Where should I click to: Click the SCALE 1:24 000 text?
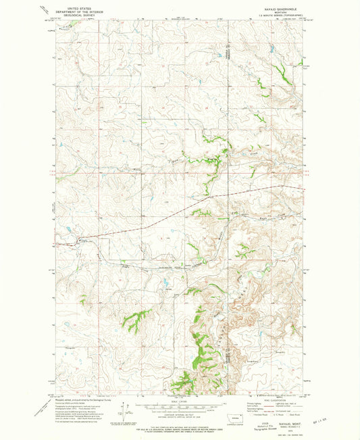(x=180, y=400)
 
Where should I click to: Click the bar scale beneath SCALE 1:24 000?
(x=180, y=406)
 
